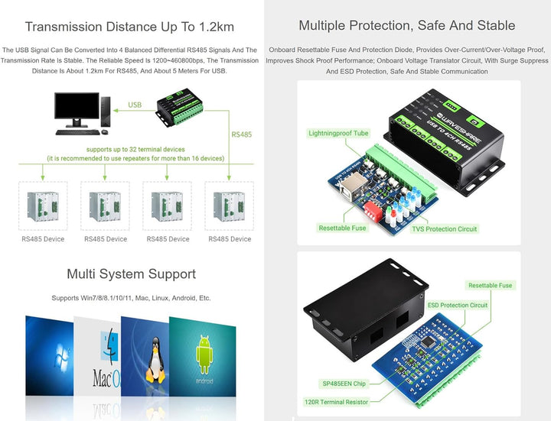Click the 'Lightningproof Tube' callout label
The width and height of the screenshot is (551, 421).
[338, 133]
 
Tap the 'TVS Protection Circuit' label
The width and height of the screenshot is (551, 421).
[444, 229]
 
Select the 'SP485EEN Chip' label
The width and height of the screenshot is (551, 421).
[344, 384]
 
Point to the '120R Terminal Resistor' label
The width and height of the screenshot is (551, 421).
[336, 402]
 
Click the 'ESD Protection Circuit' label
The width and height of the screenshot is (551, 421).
[457, 305]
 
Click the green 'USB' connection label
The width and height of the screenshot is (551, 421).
[135, 105]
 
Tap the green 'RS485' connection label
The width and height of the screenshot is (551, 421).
[241, 134]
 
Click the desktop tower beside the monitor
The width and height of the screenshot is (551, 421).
[106, 112]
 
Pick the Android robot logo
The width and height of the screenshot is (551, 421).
[204, 355]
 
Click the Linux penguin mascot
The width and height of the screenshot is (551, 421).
[155, 360]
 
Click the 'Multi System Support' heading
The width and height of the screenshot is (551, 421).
[131, 274]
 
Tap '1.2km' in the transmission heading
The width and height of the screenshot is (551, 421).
[217, 27]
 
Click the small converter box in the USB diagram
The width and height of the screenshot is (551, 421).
[180, 108]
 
